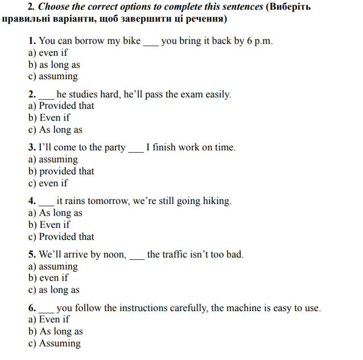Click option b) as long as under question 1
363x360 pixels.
[x=54, y=65]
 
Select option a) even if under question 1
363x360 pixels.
[x=48, y=53]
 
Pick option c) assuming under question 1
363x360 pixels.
[x=53, y=76]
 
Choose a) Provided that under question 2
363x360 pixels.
[x=61, y=106]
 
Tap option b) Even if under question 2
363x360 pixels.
[x=49, y=118]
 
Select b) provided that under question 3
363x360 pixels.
[x=61, y=171]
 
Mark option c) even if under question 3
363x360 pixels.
[x=48, y=183]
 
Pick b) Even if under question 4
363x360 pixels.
[x=49, y=224]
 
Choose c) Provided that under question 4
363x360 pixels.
[x=61, y=236]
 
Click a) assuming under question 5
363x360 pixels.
[x=53, y=266]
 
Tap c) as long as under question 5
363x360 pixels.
[x=53, y=290]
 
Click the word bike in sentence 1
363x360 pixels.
[x=131, y=41]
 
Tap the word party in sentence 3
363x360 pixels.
[x=114, y=148]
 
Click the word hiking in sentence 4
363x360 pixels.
[x=216, y=201]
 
